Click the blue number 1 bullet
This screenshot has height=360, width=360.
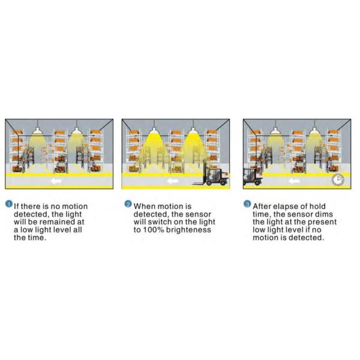coord(9,204)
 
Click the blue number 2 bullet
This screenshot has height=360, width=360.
coord(128,204)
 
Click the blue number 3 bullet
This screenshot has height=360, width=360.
coord(247,204)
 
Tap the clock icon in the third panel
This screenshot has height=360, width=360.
coord(338,179)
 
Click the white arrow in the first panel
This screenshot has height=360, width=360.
coord(56,181)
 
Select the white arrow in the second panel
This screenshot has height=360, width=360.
coord(173,181)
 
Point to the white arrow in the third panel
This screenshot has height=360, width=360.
coord(294,181)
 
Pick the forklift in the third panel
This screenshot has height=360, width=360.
coord(253,176)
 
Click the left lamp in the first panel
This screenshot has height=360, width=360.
coord(37,131)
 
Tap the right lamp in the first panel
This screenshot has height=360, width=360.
coord(76,131)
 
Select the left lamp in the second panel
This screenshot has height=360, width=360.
coord(154,131)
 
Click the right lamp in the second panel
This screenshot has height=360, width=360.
coord(193,131)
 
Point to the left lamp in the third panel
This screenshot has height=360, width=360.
coord(275,131)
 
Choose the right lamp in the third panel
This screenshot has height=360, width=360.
coord(314,131)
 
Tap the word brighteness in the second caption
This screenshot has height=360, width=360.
coord(188,230)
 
